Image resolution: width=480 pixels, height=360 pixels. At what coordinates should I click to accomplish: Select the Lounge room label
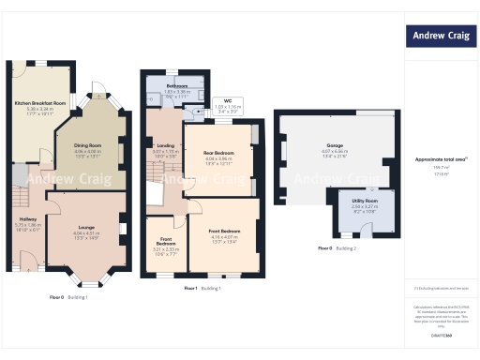click(x=85, y=227)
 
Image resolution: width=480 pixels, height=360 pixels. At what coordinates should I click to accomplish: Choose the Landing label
click(x=165, y=145)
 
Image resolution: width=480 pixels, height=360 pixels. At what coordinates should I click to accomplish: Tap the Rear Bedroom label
click(x=218, y=152)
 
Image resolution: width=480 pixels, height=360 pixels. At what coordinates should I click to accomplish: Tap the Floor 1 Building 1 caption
click(x=202, y=288)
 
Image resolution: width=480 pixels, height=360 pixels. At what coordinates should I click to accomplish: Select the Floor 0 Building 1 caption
click(x=67, y=297)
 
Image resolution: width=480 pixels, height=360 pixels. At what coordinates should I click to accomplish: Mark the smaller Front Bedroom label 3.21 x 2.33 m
click(x=165, y=249)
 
